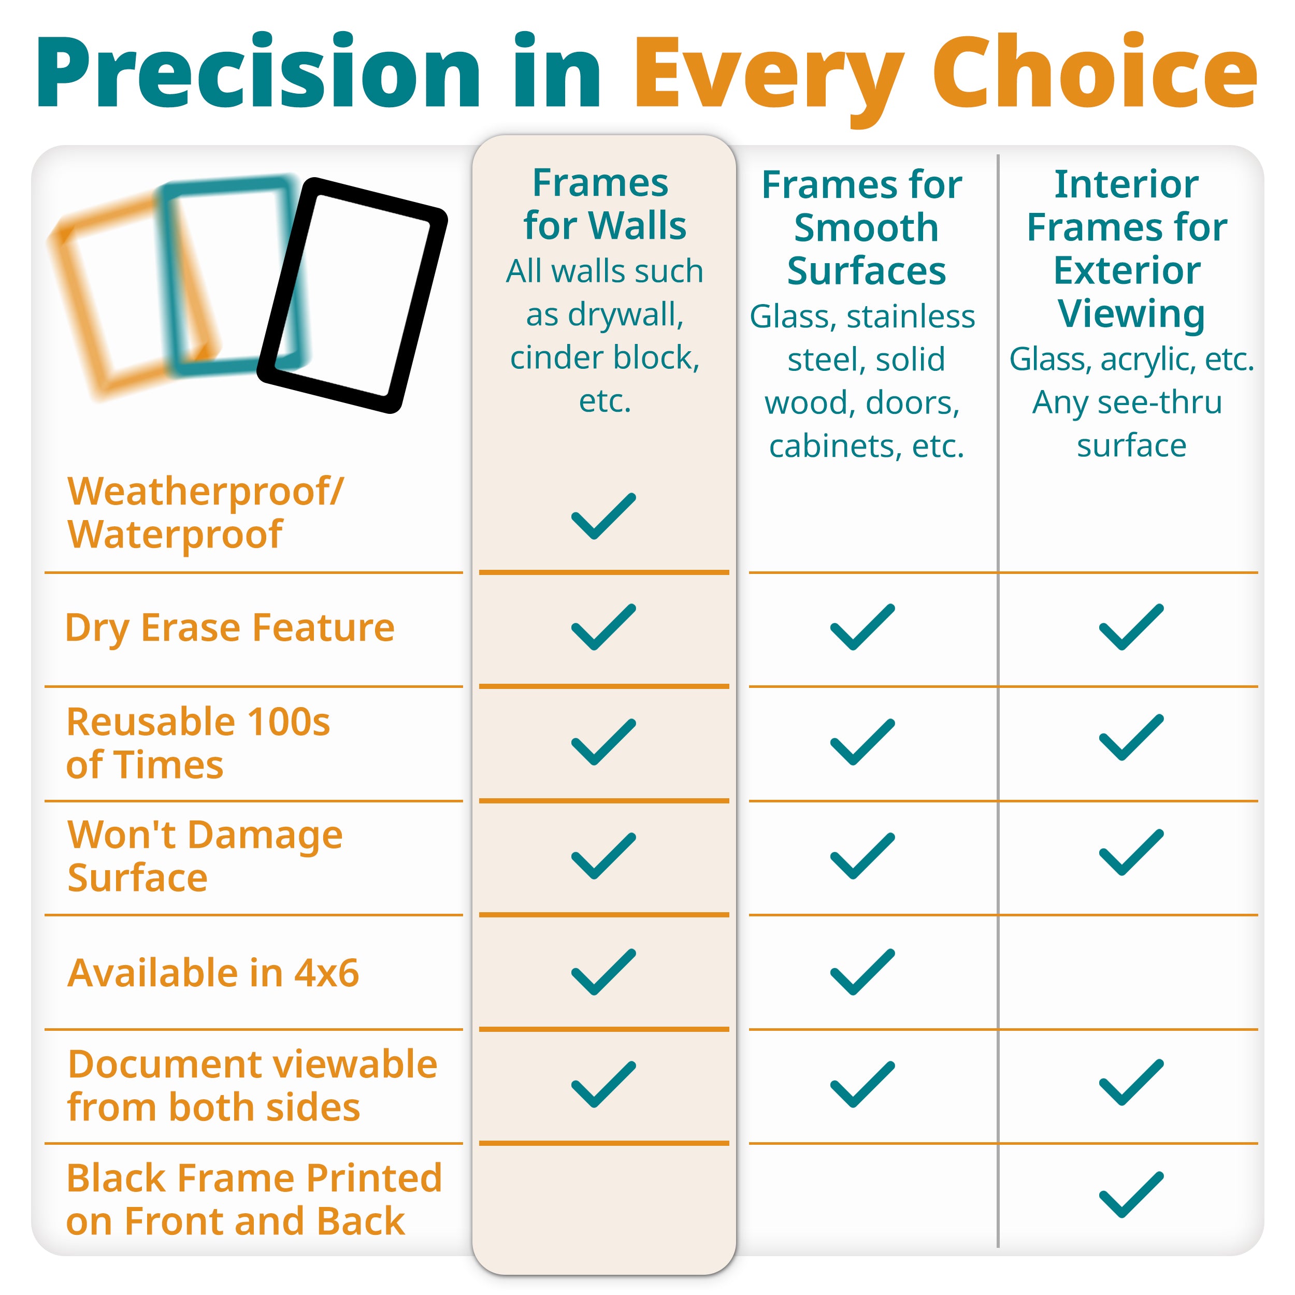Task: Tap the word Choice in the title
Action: [1095, 73]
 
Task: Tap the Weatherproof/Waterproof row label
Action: [205, 513]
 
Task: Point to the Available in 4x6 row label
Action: [213, 973]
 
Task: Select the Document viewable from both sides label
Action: [253, 1085]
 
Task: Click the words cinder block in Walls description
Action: [605, 357]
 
